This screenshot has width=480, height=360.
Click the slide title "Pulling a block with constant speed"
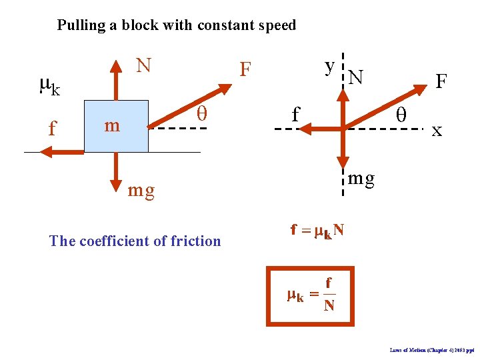(x=176, y=26)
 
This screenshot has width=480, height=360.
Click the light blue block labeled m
(x=117, y=125)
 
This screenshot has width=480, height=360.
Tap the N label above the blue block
(x=143, y=65)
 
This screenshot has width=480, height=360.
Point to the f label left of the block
(x=53, y=127)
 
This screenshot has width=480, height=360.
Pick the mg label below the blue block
(x=141, y=191)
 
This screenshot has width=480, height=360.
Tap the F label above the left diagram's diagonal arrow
(x=246, y=69)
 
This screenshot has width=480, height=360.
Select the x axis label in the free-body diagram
(x=437, y=130)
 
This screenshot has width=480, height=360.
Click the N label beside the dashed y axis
(x=356, y=79)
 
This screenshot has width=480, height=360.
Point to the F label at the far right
(x=441, y=81)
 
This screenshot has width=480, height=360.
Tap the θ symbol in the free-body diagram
(x=401, y=115)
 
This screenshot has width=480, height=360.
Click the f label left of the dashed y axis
(x=295, y=115)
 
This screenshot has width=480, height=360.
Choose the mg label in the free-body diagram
(x=362, y=178)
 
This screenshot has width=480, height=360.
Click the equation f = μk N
(x=317, y=231)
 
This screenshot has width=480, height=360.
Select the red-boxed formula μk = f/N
(x=310, y=295)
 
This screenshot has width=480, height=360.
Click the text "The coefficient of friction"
(x=135, y=241)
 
